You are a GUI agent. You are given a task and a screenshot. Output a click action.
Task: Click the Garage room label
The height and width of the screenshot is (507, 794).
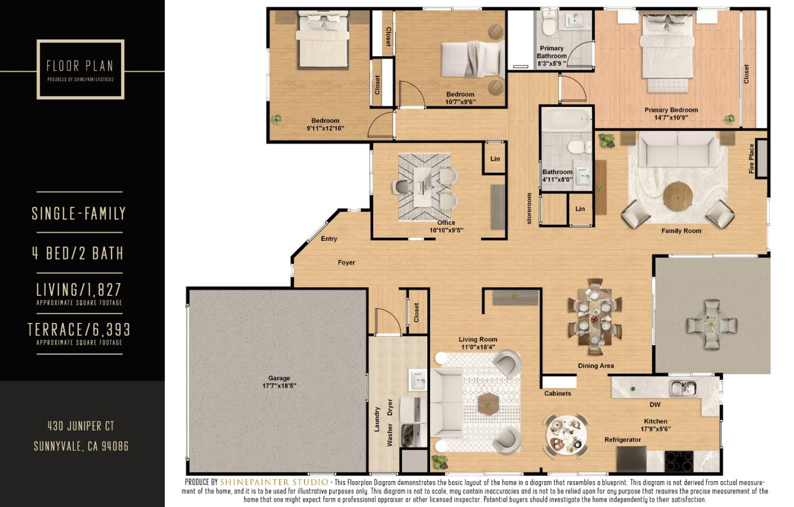tap(279, 379)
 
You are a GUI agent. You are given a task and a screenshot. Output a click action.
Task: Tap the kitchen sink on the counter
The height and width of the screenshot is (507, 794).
tap(683, 388)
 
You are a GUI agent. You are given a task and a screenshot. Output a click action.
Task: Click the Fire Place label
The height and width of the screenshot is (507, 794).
tap(752, 159)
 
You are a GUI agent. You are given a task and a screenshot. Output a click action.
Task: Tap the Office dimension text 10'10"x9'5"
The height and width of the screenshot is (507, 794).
tap(446, 230)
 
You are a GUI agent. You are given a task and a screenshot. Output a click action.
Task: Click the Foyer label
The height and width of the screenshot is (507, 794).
tap(346, 263)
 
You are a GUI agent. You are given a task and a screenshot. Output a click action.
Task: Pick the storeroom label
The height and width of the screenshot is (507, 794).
tap(529, 208)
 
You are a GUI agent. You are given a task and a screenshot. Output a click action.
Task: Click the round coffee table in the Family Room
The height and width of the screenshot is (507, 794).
tap(678, 196)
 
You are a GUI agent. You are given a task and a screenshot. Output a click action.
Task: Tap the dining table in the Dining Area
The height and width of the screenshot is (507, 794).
tap(595, 317)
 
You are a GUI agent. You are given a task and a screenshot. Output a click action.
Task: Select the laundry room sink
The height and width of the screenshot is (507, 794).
tap(417, 380)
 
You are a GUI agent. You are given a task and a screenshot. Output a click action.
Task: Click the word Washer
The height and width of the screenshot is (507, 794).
tap(390, 435)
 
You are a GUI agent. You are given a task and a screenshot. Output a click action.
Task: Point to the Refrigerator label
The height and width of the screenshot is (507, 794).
tap(623, 440)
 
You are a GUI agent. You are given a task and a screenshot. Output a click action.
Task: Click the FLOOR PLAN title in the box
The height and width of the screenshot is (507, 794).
tap(80, 66)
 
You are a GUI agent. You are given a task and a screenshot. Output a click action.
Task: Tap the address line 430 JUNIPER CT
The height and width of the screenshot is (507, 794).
tap(81, 426)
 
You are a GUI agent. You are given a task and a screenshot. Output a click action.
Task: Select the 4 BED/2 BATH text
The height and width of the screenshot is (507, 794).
tap(78, 253)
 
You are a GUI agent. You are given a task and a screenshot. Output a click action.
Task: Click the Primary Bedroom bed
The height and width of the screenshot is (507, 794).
tap(666, 52)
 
